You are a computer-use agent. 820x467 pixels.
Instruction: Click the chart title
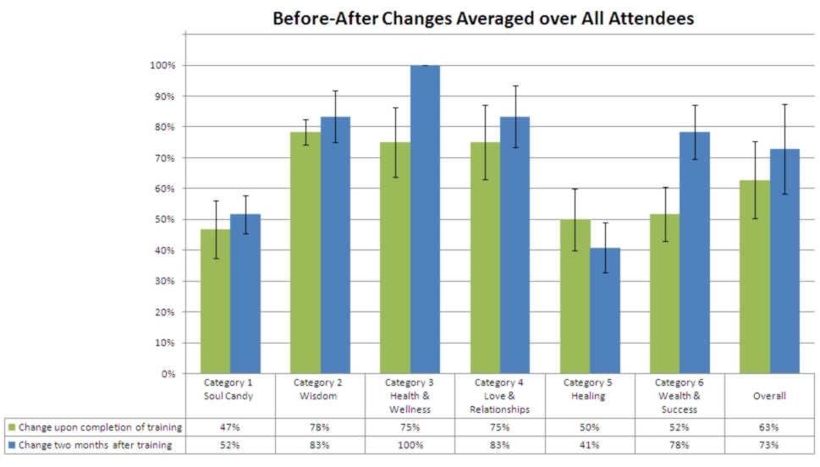pos(482,18)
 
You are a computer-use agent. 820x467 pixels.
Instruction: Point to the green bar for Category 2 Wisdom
pos(305,253)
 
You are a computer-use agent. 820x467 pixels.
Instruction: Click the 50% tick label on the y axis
pos(162,219)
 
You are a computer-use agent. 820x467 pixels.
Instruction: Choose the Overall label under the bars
pos(771,396)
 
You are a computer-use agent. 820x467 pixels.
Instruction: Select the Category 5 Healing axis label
pos(591,389)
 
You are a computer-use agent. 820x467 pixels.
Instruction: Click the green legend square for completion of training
pos(10,427)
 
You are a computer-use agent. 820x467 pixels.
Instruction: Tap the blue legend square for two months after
pos(10,445)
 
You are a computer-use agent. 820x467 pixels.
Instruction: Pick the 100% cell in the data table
pos(410,445)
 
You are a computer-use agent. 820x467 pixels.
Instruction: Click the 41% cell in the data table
pos(590,445)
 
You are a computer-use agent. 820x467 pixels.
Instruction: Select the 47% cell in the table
pos(229,427)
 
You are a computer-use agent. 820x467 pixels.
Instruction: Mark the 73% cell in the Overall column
pos(770,445)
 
